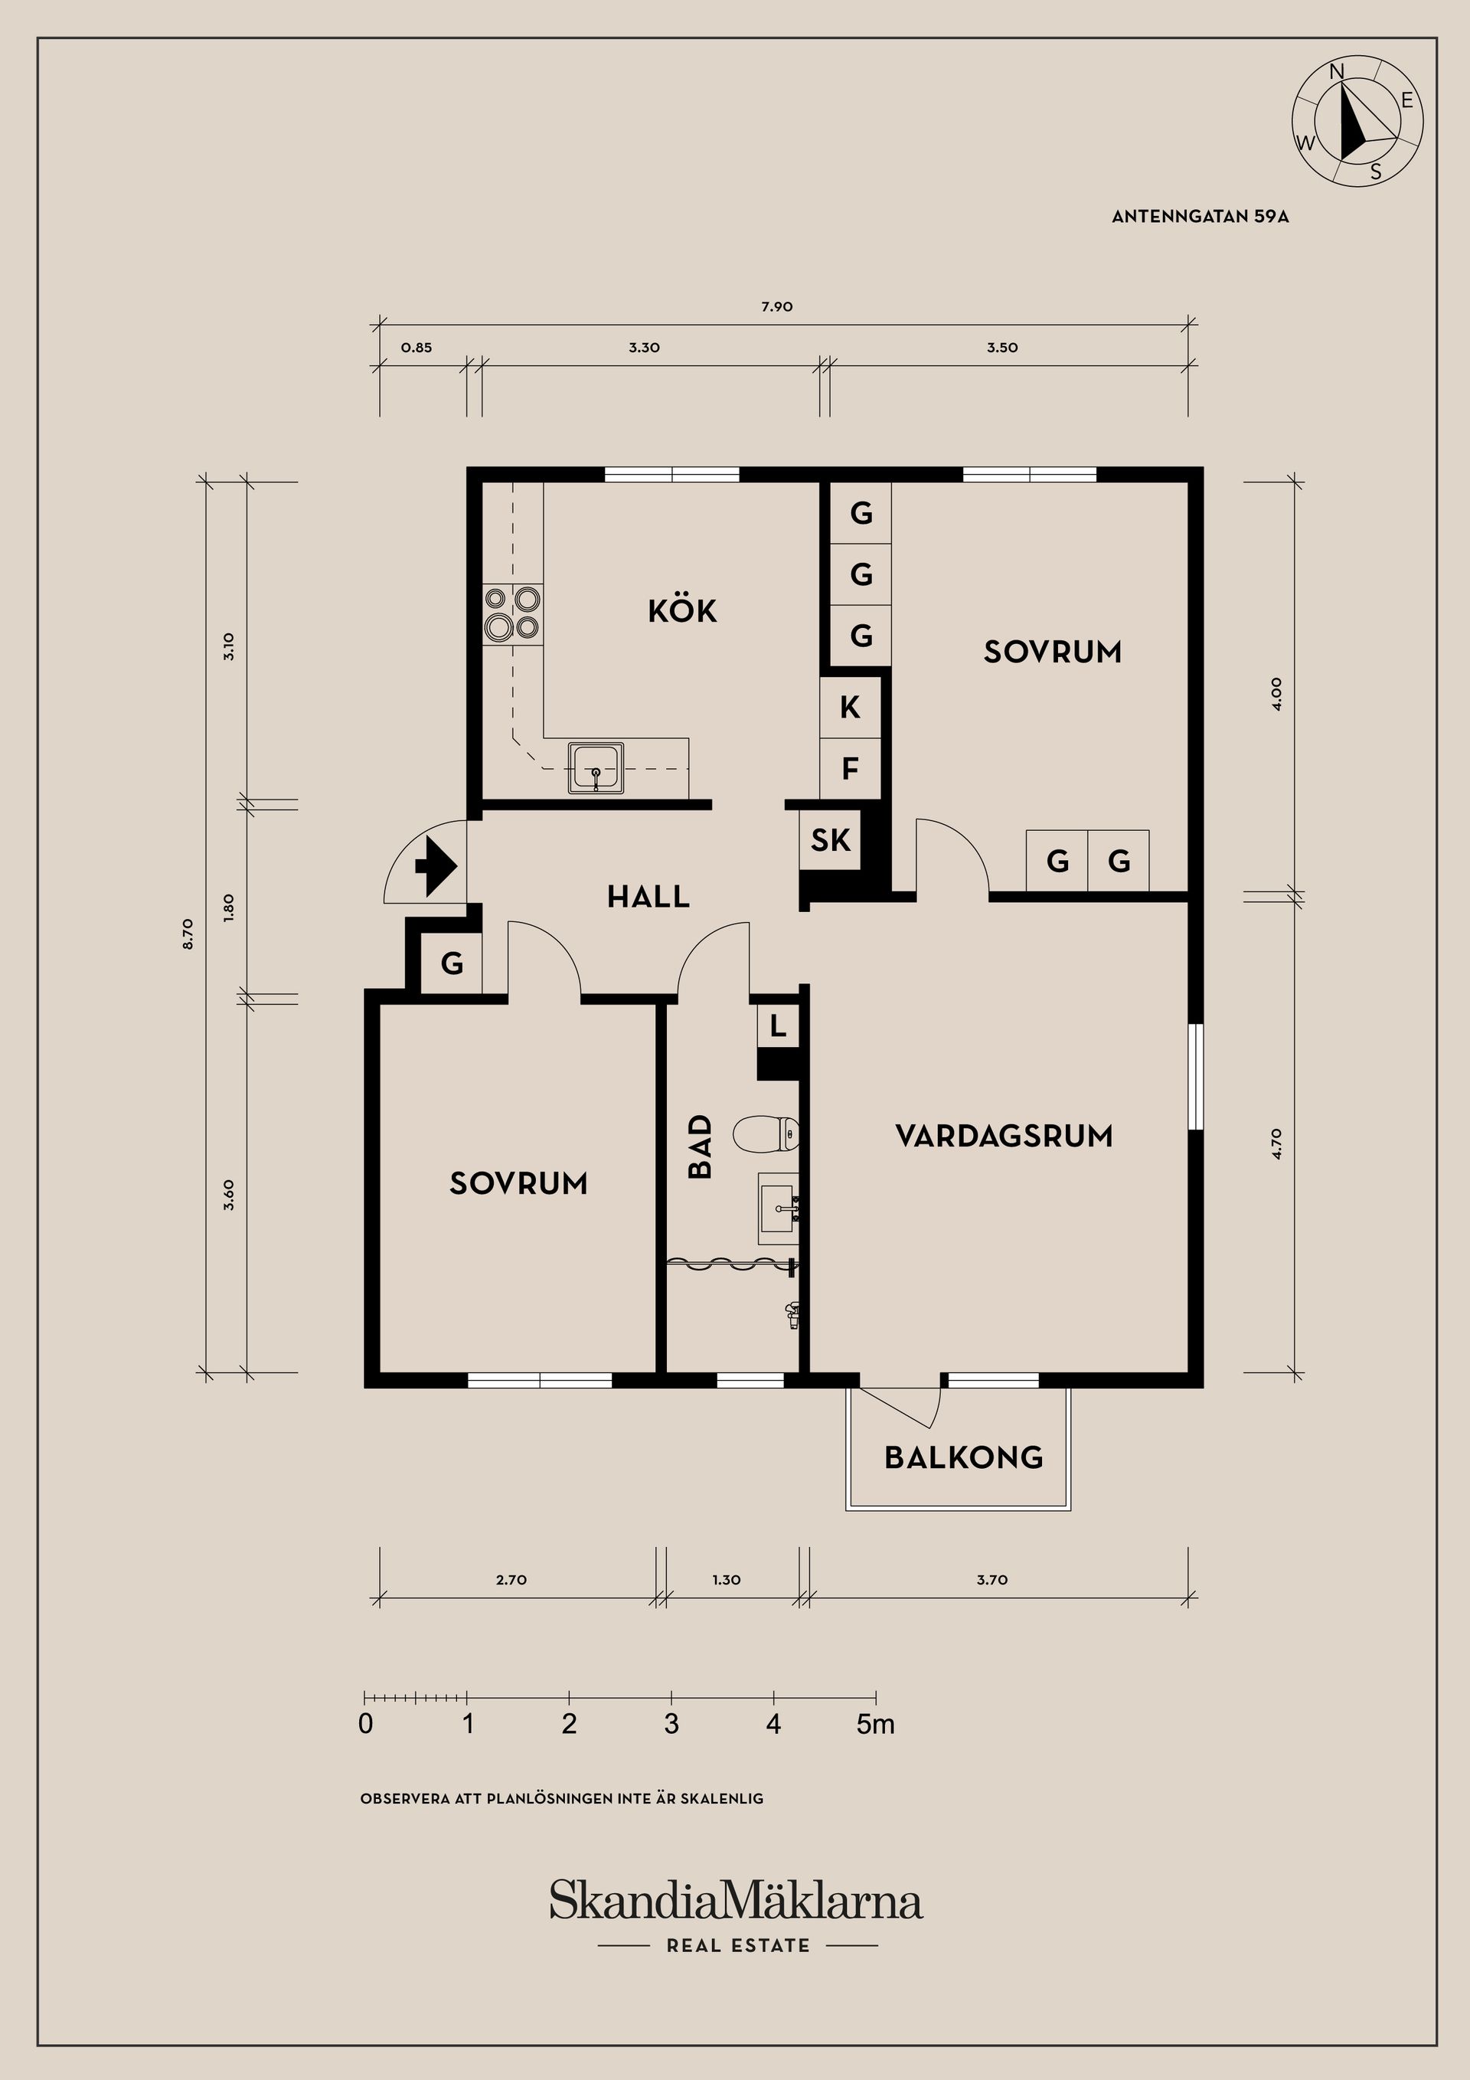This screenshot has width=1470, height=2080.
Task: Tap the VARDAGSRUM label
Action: pos(1004,1135)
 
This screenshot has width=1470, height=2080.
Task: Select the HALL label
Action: pos(648,897)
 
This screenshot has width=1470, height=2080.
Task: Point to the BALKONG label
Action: pos(964,1457)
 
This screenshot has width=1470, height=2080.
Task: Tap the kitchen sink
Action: pos(596,768)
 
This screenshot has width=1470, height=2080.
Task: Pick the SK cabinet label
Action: pos(831,840)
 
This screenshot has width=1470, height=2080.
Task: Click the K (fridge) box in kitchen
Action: pos(850,708)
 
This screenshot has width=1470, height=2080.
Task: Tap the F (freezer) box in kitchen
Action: pos(850,769)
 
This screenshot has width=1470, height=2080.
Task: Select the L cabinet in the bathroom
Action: pos(778,1027)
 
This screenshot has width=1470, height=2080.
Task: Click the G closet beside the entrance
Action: pos(452,963)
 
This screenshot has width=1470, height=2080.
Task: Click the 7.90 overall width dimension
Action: pos(777,307)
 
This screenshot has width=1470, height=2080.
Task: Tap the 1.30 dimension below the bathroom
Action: pos(727,1580)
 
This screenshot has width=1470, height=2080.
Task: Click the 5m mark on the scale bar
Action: pos(876,1724)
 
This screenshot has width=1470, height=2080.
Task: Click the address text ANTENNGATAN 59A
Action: pos(1200,217)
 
